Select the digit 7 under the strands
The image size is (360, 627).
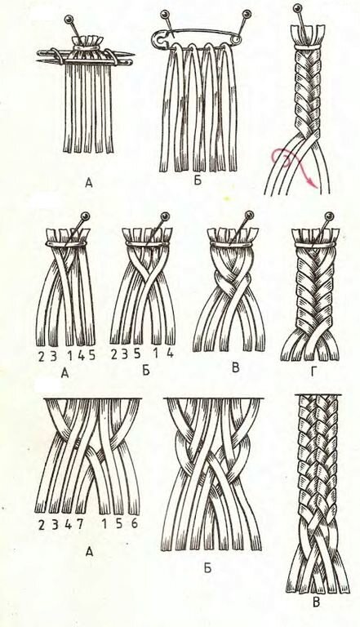point(80,524)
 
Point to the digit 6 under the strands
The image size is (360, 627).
point(135,523)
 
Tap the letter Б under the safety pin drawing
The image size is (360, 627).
point(198,180)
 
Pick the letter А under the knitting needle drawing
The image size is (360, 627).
point(89,184)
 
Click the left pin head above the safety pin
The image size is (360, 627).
point(163,15)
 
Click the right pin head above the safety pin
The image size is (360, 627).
point(247,15)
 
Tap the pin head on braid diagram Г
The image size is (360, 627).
point(329,216)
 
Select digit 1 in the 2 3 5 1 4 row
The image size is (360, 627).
point(154,354)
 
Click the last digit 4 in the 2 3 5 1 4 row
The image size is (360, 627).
point(170,353)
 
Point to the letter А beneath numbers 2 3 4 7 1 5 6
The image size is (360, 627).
point(89,552)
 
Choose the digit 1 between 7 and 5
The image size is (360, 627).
point(104,523)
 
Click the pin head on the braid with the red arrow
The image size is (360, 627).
point(297,8)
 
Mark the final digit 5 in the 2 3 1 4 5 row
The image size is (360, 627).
point(91,355)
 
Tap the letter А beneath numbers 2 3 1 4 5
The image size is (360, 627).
point(64,373)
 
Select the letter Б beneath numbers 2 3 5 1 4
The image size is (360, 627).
point(146,371)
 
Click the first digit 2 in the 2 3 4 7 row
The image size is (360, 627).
point(42,525)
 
